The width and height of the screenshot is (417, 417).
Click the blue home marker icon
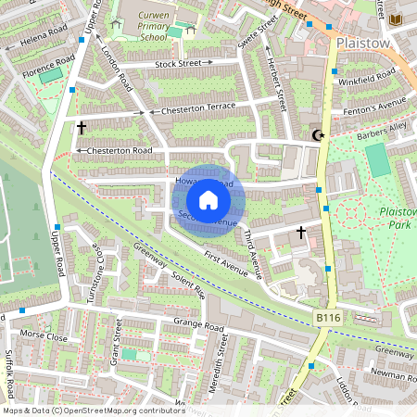click(x=208, y=200)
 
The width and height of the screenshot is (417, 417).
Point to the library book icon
click(x=397, y=19)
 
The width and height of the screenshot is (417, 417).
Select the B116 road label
click(x=323, y=317)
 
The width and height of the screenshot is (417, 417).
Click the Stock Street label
click(x=178, y=63)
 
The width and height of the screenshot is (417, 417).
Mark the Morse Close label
click(x=45, y=336)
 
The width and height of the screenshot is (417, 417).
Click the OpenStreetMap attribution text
click(x=94, y=410)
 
